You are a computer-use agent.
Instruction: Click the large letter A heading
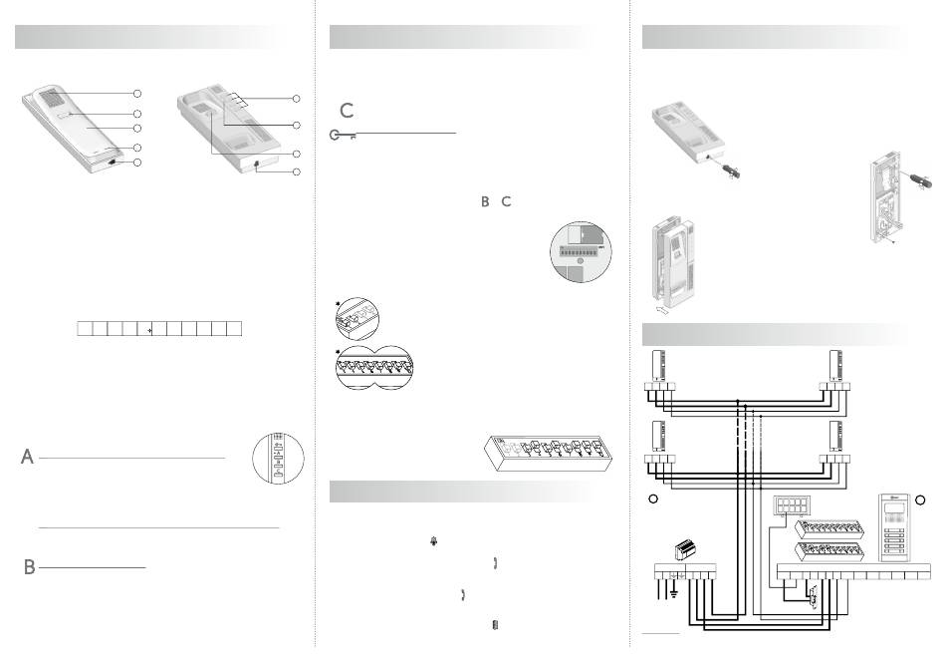coord(27,457)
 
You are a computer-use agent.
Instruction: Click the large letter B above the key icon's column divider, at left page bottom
coord(29,567)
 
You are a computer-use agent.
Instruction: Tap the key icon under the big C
coord(343,136)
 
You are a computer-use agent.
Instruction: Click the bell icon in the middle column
coord(434,541)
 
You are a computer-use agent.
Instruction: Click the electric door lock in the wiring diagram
coord(813,597)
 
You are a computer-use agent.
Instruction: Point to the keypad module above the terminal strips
coord(791,505)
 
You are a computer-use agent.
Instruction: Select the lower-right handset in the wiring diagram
coord(835,436)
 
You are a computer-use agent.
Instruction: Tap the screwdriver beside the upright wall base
coord(913,178)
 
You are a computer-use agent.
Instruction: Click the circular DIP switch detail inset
coord(581,252)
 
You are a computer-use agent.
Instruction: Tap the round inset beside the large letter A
coord(278,459)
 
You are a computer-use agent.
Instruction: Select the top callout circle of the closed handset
coord(137,93)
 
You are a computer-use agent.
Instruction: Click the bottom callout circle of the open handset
coord(296,172)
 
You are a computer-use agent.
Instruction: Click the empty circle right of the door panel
coord(920,499)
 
